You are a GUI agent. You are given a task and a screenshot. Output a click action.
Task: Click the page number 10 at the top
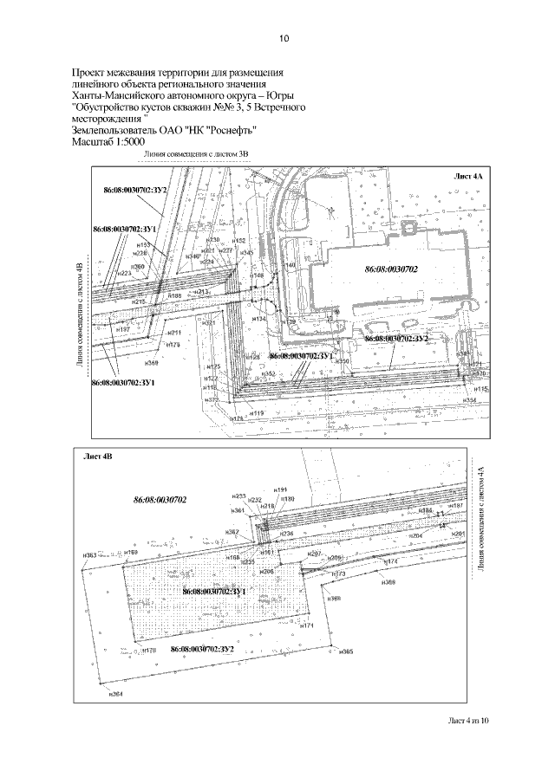point(284,38)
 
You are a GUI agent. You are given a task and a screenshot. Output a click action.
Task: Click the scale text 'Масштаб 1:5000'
point(108,141)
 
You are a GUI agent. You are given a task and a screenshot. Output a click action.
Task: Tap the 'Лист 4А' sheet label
point(469,176)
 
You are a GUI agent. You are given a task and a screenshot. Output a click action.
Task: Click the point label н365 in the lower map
point(346,651)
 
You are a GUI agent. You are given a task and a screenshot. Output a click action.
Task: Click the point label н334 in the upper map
point(470,401)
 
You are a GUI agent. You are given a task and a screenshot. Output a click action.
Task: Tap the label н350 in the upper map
point(343,361)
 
